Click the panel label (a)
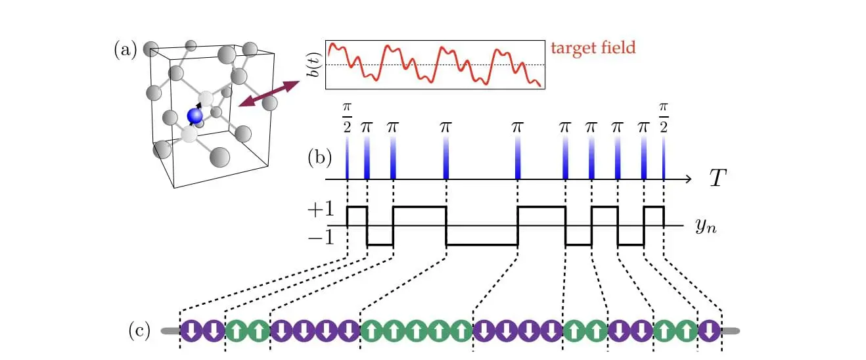[x=125, y=49]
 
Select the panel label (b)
[x=320, y=158]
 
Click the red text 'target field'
[x=593, y=48]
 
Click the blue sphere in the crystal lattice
[x=195, y=116]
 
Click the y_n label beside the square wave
[x=705, y=227]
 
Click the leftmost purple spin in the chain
[x=191, y=330]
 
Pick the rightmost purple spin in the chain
[x=709, y=330]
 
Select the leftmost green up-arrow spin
[x=237, y=330]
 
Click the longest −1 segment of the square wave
[x=482, y=245]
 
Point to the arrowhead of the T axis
[x=687, y=179]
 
